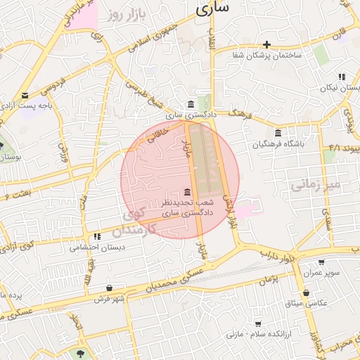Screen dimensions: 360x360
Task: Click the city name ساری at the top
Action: [x=214, y=9]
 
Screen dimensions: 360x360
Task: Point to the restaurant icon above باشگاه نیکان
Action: [x=341, y=76]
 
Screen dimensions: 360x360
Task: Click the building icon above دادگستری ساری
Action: [x=191, y=105]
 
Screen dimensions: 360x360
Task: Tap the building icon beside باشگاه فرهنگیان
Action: [x=278, y=133]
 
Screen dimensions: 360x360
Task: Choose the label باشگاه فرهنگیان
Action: [x=279, y=144]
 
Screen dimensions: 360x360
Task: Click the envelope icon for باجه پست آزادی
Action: [x=25, y=95]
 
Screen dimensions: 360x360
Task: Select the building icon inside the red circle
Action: [x=186, y=192]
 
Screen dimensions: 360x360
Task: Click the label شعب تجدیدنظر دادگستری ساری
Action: [x=186, y=207]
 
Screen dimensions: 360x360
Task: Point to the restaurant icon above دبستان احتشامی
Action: [x=86, y=237]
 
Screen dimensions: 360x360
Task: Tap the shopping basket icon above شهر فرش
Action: [x=109, y=288]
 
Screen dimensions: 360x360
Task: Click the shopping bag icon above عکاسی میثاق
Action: [x=306, y=292]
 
